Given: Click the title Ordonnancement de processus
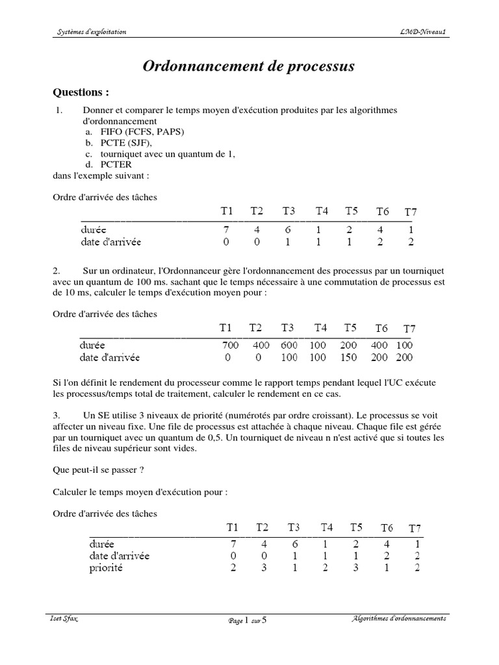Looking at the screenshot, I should click(249, 67).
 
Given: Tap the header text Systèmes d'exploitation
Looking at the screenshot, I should click(89, 32).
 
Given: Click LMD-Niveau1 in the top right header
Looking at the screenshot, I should click(423, 32).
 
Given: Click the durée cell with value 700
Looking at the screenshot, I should click(230, 345).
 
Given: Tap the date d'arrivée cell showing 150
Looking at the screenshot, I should click(350, 357).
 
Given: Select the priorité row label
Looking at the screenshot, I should click(105, 568).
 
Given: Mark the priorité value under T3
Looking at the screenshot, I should click(294, 568).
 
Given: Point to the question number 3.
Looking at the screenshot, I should click(57, 415).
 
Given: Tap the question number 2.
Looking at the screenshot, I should click(57, 270).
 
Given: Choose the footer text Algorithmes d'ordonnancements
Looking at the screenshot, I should click(397, 619).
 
